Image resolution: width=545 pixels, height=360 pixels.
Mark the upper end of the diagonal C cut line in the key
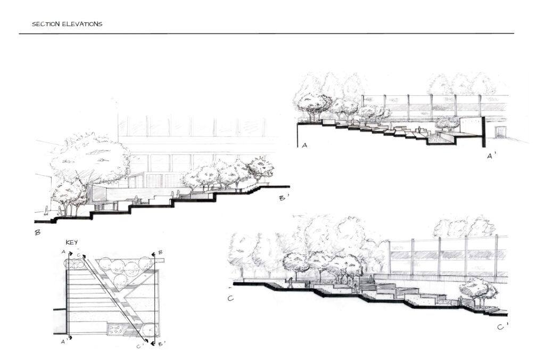click(x=84, y=257)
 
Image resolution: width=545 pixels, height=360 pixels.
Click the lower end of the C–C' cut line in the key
click(x=146, y=341)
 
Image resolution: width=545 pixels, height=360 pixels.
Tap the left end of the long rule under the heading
click(x=19, y=34)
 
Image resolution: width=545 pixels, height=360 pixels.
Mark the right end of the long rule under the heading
click(x=514, y=34)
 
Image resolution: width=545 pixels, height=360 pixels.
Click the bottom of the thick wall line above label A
click(x=298, y=147)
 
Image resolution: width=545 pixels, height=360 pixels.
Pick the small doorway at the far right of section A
click(x=501, y=132)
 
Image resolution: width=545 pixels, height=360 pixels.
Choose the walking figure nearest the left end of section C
click(x=290, y=283)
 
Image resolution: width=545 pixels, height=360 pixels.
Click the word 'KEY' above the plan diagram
click(x=72, y=242)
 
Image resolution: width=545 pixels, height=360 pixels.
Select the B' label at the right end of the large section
click(x=284, y=198)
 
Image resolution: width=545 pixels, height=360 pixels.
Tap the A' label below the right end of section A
click(x=490, y=156)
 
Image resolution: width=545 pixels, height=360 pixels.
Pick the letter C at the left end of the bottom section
click(x=230, y=298)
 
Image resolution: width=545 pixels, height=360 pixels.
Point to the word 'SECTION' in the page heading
click(x=46, y=24)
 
